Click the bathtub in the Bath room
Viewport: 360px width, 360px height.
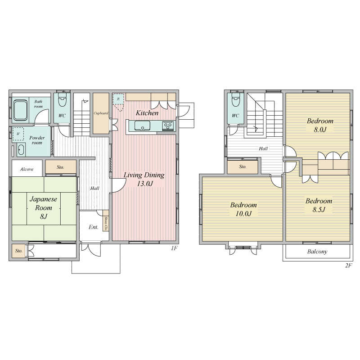(x=20, y=110)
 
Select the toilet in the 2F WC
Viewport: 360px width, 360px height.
(x=235, y=99)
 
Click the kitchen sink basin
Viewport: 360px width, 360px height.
(x=142, y=126)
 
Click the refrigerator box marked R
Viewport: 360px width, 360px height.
(x=118, y=99)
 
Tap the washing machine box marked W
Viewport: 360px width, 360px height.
(x=18, y=134)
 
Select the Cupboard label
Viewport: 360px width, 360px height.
(x=101, y=113)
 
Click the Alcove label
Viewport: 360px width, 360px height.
(x=27, y=169)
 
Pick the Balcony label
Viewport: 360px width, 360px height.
(x=317, y=252)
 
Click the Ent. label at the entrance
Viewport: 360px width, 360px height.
(x=94, y=227)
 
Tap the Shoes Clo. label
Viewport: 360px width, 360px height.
(x=106, y=223)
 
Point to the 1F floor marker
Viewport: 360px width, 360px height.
(x=174, y=248)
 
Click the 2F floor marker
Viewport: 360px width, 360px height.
(x=348, y=265)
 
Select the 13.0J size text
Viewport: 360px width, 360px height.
(x=145, y=184)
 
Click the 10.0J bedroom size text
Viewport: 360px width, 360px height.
(x=243, y=213)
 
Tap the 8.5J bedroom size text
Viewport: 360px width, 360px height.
(x=319, y=209)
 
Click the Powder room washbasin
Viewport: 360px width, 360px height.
(x=21, y=150)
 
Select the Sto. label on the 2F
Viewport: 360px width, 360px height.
(x=243, y=166)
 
